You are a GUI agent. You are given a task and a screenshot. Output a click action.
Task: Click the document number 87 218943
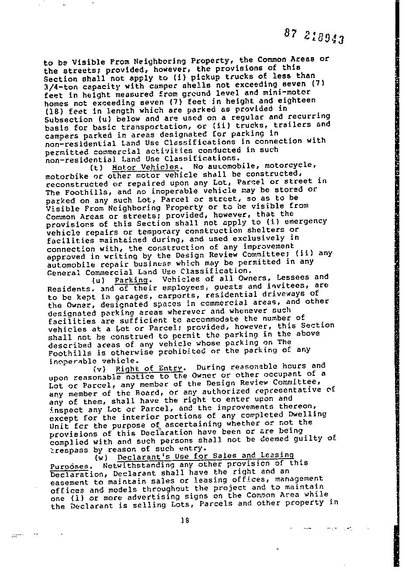coord(314,36)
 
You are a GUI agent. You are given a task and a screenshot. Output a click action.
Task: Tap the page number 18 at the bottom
coord(185,520)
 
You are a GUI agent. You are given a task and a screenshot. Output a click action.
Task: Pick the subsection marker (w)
coord(102,458)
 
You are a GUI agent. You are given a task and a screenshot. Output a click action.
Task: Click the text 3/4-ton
coord(60,87)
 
